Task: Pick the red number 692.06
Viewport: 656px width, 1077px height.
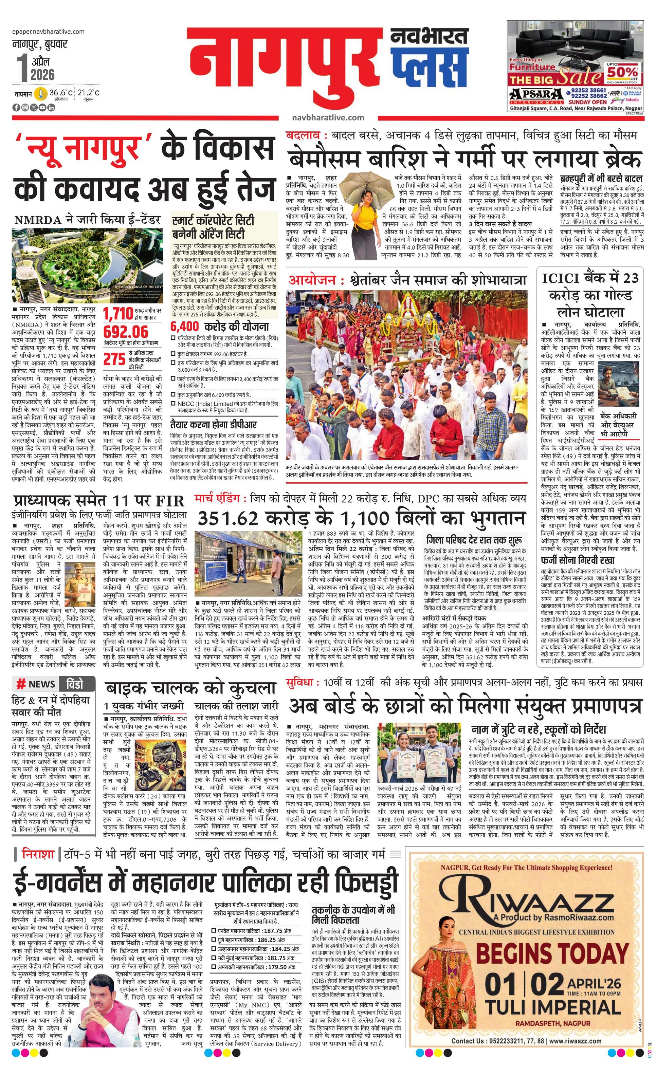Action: click(126, 331)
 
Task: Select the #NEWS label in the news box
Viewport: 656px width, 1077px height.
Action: click(36, 684)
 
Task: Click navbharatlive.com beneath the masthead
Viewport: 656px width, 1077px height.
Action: click(328, 117)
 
